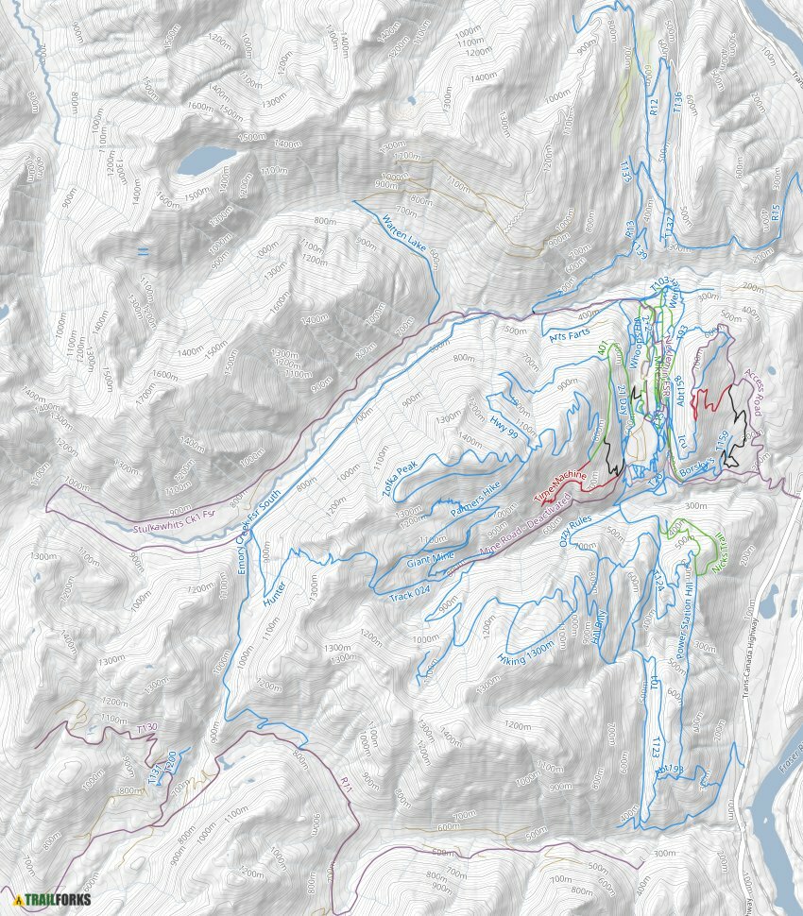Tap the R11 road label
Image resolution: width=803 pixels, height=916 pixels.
click(x=347, y=783)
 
